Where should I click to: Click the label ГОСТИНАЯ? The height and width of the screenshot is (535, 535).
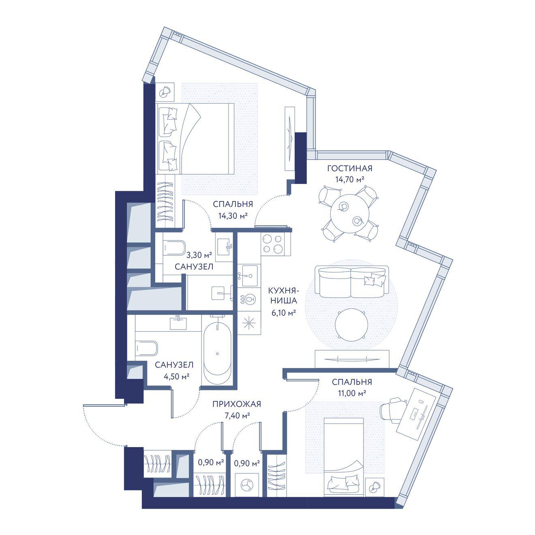tap(349, 169)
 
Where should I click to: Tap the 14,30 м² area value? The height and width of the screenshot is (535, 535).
tap(233, 216)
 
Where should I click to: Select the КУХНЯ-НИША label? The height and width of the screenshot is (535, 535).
tap(283, 295)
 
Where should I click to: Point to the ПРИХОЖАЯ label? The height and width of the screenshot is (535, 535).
tap(237, 404)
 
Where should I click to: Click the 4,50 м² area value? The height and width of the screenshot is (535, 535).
tap(176, 377)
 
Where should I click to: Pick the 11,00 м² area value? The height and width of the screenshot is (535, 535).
tap(352, 393)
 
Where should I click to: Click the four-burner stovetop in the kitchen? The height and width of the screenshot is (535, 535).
tap(273, 244)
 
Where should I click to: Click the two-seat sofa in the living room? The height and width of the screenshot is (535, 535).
tap(352, 282)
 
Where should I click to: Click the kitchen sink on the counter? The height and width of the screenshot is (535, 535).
tap(250, 276)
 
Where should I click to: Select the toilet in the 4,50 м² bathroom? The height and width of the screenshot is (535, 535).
tap(147, 348)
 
